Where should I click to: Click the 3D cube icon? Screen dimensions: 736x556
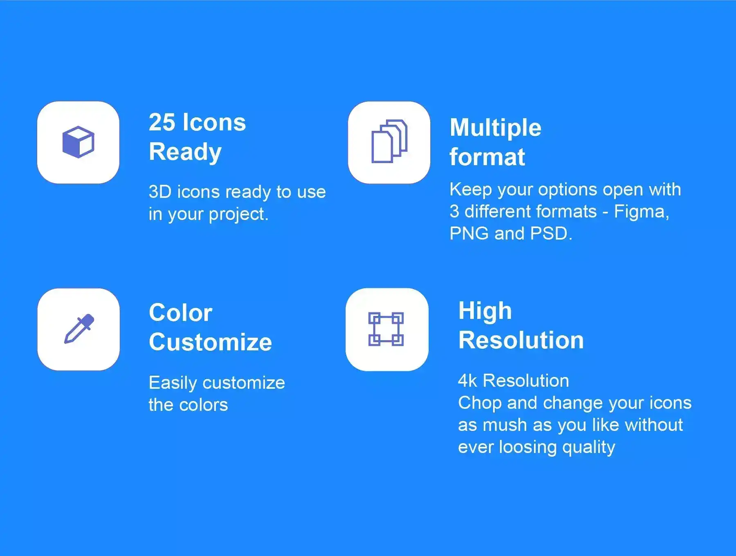[78, 142]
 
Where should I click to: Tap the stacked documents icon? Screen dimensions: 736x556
[389, 141]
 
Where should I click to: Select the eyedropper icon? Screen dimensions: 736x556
[79, 329]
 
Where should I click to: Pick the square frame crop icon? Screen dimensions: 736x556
[386, 329]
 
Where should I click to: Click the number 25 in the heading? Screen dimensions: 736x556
[162, 122]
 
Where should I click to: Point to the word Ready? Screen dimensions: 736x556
[185, 152]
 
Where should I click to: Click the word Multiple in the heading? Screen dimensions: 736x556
[496, 128]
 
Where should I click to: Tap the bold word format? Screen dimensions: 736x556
[487, 157]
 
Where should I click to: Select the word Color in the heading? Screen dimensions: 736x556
[180, 313]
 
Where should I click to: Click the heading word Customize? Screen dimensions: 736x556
[210, 342]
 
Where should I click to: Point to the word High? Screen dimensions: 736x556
[485, 312]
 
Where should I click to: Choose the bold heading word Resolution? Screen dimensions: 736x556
[521, 340]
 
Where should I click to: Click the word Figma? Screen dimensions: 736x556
[642, 212]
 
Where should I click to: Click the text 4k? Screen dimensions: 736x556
[467, 381]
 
